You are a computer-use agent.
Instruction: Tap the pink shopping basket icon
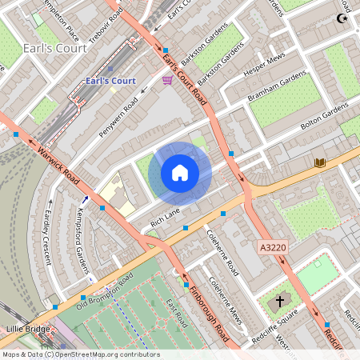click(167, 80)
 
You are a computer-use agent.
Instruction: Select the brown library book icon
click(320, 162)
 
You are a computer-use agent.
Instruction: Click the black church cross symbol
click(280, 302)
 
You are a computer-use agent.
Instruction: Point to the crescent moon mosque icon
click(344, 18)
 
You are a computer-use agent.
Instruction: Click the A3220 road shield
click(274, 249)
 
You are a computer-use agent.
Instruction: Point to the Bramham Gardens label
click(278, 85)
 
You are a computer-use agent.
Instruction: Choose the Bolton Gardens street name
click(324, 117)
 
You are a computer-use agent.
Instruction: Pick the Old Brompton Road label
click(103, 291)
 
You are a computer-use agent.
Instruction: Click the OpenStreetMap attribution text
click(80, 354)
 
